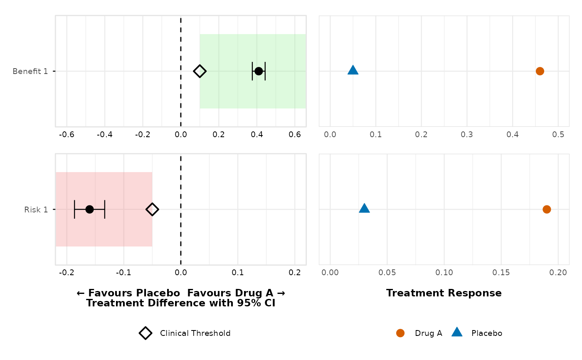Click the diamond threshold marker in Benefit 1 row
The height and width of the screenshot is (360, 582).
[x=200, y=71]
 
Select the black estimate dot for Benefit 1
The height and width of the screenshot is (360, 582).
[x=259, y=71]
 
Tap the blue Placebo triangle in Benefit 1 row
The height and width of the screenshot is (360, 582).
[x=353, y=70]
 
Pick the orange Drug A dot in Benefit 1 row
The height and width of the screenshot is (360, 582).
[x=540, y=71]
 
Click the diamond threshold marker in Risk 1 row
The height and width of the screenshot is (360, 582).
[x=152, y=209]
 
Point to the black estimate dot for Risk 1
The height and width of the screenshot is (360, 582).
[x=89, y=209]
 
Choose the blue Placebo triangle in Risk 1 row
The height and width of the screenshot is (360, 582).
[x=364, y=208]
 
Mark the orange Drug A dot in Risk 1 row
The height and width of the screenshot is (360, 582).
[x=547, y=209]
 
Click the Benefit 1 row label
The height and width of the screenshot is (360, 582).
[x=30, y=71]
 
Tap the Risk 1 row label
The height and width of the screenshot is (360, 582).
[x=36, y=209]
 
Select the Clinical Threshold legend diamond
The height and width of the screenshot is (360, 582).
[x=145, y=333]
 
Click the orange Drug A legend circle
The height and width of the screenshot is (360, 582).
[x=400, y=333]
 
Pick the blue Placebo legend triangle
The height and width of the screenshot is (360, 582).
[x=457, y=332]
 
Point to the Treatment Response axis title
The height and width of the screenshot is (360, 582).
[x=444, y=293]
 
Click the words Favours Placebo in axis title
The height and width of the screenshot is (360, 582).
[x=133, y=293]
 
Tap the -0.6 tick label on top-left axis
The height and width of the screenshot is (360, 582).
[x=67, y=135]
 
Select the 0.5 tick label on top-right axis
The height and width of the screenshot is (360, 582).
[x=558, y=135]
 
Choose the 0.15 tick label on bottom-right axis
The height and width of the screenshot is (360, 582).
[x=501, y=273]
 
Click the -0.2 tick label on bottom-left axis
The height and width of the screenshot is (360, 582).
[x=67, y=273]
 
